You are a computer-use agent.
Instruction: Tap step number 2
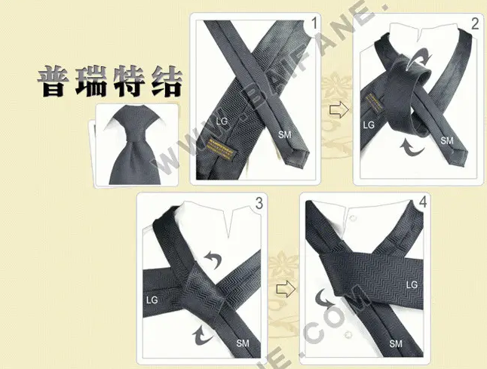[x=474, y=24]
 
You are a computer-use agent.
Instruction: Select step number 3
[x=259, y=202]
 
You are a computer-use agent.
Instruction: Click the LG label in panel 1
[x=221, y=120]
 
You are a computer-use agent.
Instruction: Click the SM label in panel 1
[x=284, y=135]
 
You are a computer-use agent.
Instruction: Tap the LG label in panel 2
[x=369, y=125]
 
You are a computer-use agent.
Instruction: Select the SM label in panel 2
[x=446, y=140]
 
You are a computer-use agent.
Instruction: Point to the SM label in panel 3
[x=243, y=343]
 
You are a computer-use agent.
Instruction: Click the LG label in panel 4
[x=412, y=284]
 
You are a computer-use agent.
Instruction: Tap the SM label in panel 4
[x=396, y=344]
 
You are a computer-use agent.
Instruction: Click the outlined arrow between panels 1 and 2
[x=338, y=111]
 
